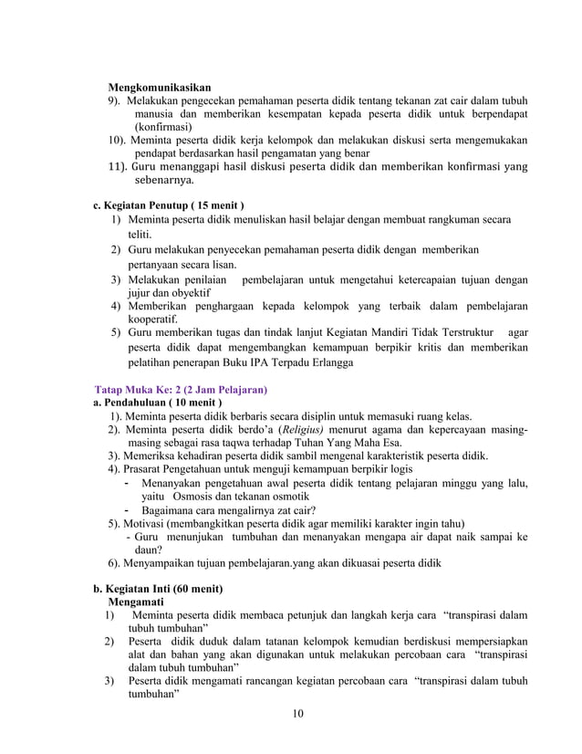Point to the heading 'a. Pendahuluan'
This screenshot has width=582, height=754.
(x=159, y=403)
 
